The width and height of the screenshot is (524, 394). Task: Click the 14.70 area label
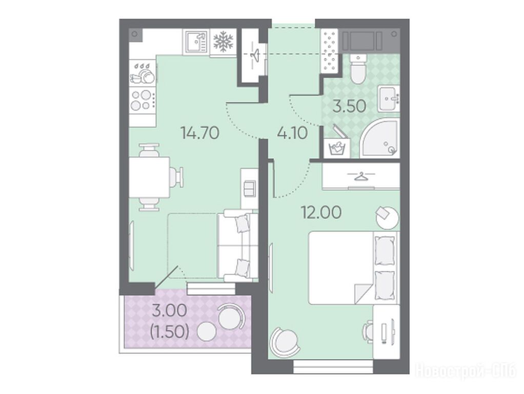pos(199,133)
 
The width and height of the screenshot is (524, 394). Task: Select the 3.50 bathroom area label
pos(349,106)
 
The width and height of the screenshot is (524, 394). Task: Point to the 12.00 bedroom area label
pos(321,212)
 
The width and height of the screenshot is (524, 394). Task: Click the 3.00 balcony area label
pos(169,311)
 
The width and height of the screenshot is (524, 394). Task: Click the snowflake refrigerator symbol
pos(223,42)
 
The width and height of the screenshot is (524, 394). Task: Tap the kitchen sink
pos(196,42)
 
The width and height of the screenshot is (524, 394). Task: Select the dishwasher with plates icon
pos(143,73)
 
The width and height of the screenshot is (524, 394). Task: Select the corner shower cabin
pos(380,137)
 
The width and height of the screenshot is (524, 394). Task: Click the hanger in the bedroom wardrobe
pos(360,176)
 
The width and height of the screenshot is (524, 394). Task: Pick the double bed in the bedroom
pos(354,268)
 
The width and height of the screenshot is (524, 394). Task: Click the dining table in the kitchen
pos(149,177)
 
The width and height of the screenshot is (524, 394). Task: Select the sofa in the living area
pos(237,245)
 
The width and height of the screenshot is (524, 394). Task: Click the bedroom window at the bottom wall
pos(333,367)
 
